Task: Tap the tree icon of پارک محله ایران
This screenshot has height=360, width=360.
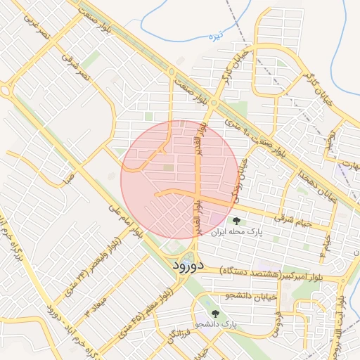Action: [x=235, y=220]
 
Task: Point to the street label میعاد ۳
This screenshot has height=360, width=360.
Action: [x=91, y=308]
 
